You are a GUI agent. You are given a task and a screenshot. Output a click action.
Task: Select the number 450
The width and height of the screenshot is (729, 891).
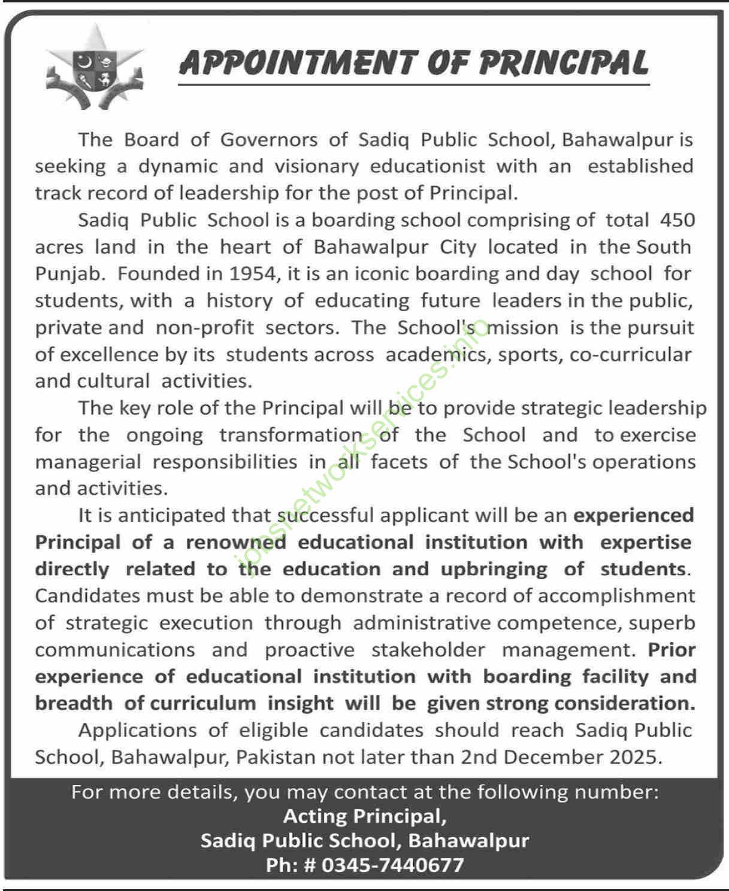point(677,220)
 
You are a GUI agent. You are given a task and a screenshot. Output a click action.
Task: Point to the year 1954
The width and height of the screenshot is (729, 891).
point(252,274)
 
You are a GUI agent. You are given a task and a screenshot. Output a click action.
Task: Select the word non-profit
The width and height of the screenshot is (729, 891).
point(204,328)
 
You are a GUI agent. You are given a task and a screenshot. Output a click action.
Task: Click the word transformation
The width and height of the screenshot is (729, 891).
point(291,435)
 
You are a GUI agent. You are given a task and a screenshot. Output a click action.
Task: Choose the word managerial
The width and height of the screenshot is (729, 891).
point(87,462)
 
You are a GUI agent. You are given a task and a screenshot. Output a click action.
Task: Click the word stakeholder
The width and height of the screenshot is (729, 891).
point(428,650)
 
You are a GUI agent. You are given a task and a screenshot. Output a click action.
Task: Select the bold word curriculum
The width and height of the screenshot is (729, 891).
point(202,704)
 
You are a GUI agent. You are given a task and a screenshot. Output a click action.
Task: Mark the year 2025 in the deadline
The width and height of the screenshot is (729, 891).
point(634,758)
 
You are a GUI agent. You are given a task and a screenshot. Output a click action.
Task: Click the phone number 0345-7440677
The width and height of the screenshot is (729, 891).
point(392,865)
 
